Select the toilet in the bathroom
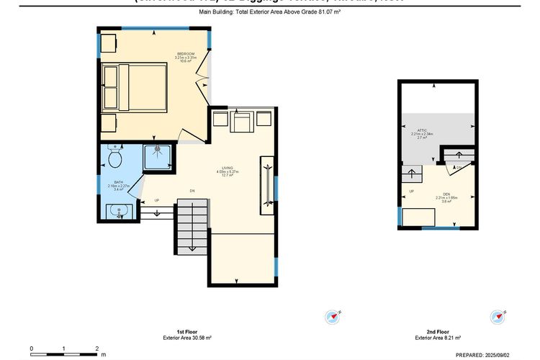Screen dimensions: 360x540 114,158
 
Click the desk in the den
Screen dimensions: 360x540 418,217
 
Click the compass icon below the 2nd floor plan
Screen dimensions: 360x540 498,317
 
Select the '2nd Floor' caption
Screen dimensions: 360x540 428,330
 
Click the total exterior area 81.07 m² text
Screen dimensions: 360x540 269,12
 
